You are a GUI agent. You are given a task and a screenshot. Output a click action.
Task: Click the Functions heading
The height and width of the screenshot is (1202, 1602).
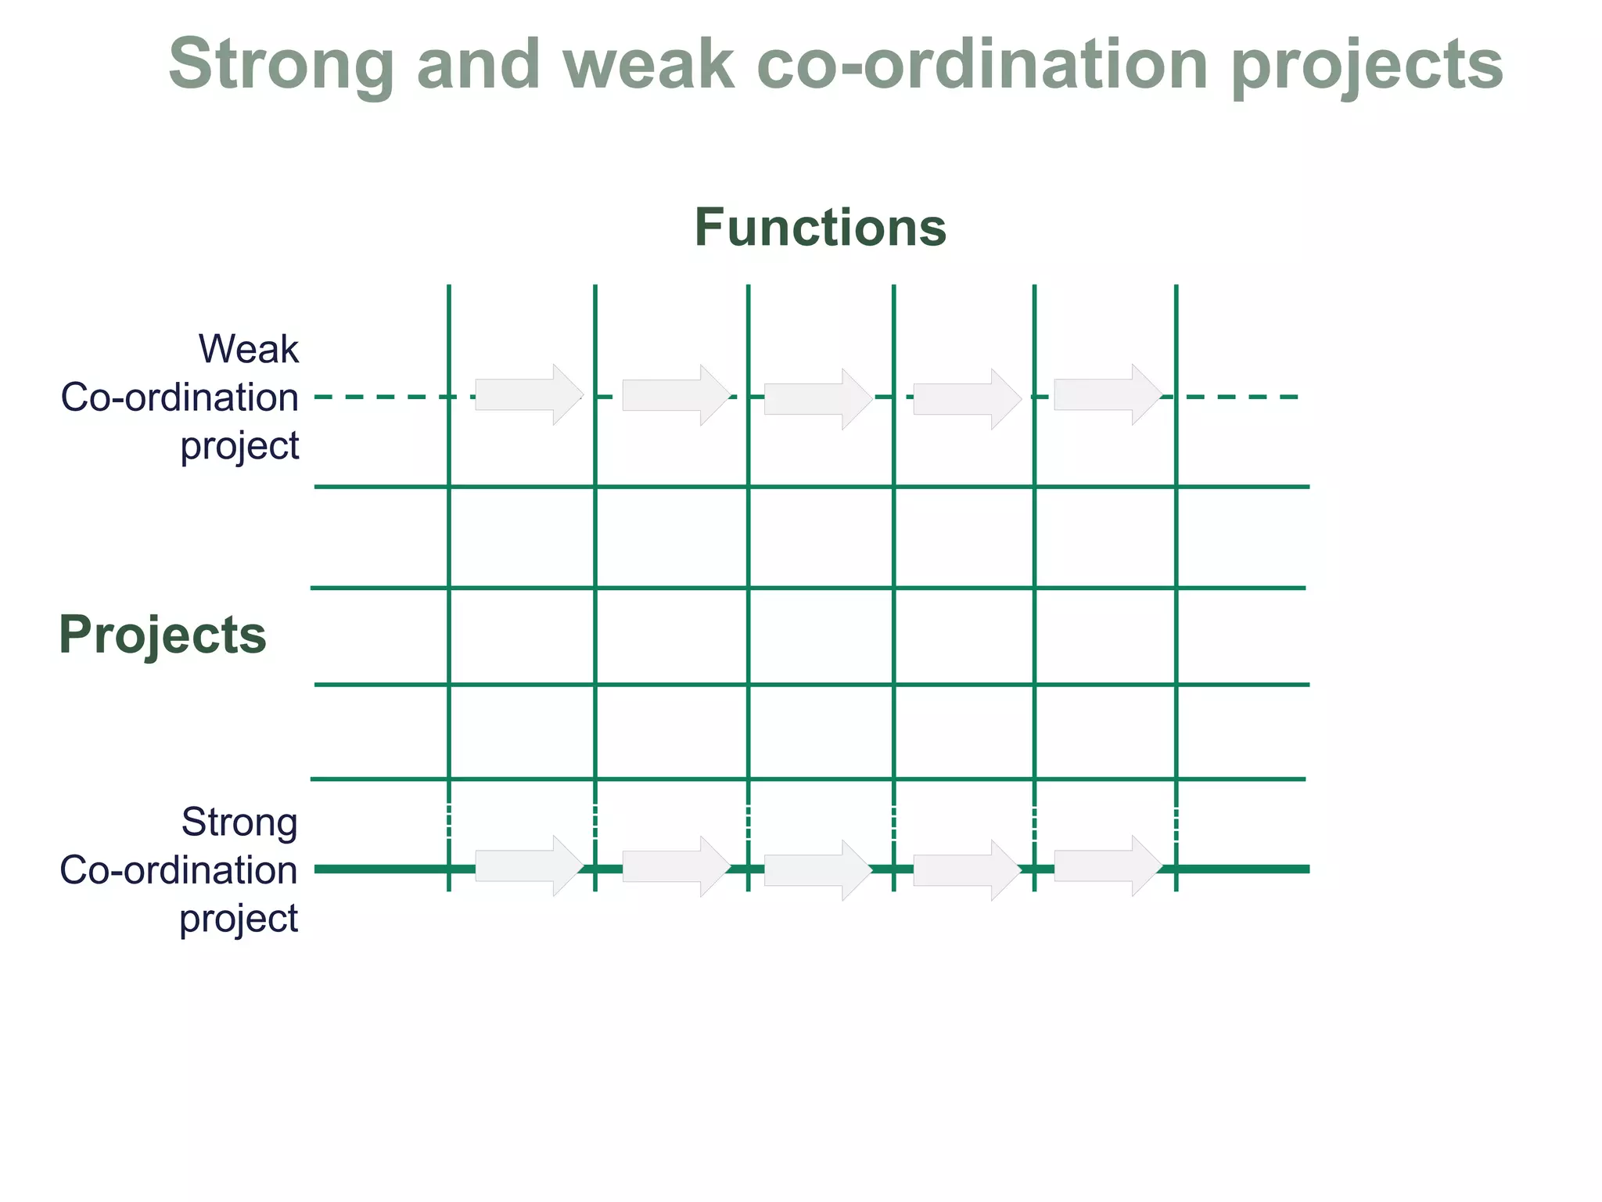coord(820,228)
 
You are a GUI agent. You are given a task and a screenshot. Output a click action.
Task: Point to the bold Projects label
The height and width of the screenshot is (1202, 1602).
coord(163,635)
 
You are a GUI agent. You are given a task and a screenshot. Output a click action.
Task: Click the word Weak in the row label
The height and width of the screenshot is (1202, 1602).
coord(248,349)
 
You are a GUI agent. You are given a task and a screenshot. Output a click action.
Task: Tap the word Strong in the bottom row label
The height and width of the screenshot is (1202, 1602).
coord(239,822)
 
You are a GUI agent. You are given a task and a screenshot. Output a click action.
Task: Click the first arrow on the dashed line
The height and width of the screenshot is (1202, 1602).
coord(528,394)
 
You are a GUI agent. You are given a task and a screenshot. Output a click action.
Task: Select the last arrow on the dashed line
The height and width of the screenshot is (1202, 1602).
coord(1107,394)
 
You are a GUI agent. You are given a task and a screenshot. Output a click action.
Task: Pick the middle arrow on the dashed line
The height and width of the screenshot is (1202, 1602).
coord(817,399)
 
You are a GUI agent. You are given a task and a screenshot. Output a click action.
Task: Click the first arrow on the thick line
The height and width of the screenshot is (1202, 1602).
coord(528,866)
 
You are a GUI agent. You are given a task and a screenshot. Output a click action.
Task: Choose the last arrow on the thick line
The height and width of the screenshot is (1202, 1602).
coord(1107,866)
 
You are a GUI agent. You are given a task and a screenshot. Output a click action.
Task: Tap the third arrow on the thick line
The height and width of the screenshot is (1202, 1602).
coord(817,870)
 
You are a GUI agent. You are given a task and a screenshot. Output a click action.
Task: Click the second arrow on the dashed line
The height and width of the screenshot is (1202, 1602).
coord(675,395)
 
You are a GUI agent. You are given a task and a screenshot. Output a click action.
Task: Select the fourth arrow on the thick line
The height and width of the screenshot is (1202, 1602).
coord(966,870)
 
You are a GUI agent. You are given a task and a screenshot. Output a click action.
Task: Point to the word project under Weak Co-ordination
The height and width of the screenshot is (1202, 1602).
coord(239,446)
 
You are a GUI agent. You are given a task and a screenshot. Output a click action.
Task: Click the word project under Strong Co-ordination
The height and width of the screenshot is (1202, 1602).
coord(239,918)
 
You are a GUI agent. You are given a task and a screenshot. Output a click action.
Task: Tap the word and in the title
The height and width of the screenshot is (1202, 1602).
coord(478,65)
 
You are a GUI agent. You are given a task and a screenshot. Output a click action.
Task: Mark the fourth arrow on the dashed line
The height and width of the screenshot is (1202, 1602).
coord(966,399)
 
